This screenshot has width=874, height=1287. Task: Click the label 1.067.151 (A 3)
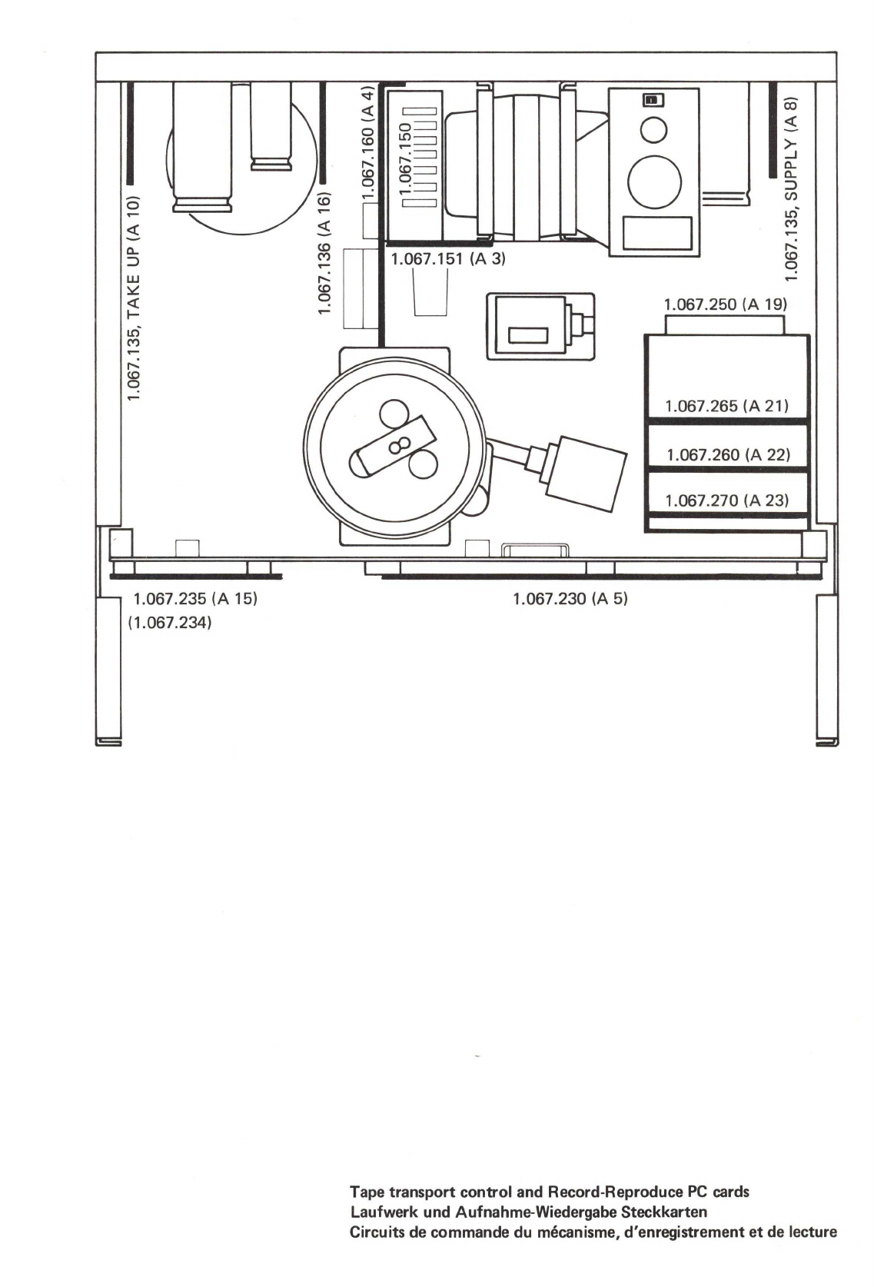448,258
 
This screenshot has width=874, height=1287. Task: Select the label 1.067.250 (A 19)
725,304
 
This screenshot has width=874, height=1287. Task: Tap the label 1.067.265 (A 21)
727,406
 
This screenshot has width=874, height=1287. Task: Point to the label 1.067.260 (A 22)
728,455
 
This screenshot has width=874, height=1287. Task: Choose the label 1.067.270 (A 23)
727,500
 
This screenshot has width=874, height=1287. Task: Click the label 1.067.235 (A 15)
195,599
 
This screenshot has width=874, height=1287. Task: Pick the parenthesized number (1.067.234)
170,622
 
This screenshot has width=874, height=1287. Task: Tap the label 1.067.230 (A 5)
570,599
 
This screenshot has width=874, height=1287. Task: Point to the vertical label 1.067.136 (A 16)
325,254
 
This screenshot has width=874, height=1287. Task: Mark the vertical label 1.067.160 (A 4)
367,143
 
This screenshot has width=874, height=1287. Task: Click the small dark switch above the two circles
653,101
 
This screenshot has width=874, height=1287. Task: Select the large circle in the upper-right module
654,183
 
